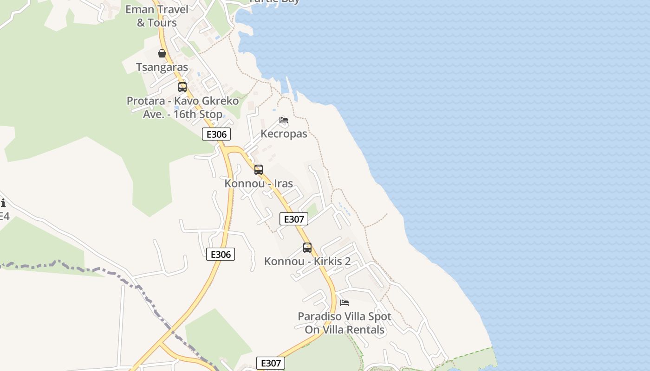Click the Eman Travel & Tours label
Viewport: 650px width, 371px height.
coord(157,16)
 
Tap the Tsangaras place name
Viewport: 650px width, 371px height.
coord(162,67)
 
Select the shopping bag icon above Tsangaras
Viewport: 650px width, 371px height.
coord(162,53)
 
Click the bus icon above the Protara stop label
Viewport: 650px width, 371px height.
coord(182,87)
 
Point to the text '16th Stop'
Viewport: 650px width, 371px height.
coord(198,114)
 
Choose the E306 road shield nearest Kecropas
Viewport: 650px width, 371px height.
coord(216,134)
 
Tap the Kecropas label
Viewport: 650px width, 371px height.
coord(284,134)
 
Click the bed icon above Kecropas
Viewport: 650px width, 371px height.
coord(284,120)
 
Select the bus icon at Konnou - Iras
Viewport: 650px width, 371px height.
coord(259,170)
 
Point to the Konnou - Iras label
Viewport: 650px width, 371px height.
coord(259,183)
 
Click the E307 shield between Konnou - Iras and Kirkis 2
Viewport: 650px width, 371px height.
coord(294,219)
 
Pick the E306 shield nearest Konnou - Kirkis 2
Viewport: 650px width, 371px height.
coord(221,254)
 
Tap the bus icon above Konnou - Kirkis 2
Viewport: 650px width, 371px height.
coord(307,248)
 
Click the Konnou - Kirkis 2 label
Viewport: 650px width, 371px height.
coord(307,261)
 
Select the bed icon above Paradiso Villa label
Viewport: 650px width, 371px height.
coord(344,303)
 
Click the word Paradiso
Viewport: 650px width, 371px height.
coord(319,317)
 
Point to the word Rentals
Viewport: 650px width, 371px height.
coord(364,330)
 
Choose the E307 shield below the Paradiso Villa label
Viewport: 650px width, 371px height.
coord(271,363)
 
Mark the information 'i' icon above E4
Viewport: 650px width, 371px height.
coord(3,203)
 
